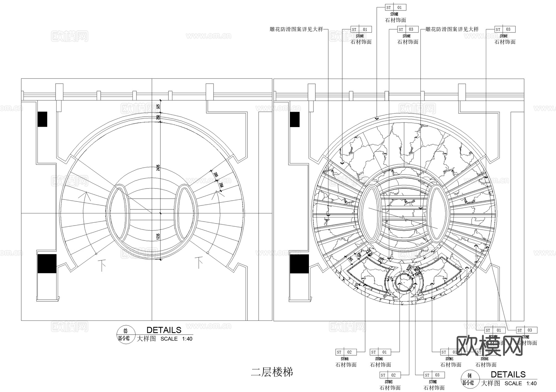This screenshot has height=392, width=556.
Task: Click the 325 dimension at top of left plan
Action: pyautogui.click(x=158, y=107)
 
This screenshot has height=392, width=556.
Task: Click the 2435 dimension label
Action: pyautogui.click(x=158, y=168)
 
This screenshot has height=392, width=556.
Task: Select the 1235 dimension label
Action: pyautogui.click(x=158, y=237)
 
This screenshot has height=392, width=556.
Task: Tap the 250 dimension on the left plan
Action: pyautogui.click(x=158, y=118)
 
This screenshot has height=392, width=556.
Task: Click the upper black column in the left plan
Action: pyautogui.click(x=42, y=119)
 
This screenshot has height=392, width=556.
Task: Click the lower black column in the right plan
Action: pyautogui.click(x=299, y=264)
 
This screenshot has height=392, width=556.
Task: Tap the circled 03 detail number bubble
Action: pyautogui.click(x=125, y=332)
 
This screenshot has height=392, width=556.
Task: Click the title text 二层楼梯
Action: pyautogui.click(x=272, y=372)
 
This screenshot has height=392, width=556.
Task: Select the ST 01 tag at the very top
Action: pyautogui.click(x=396, y=7)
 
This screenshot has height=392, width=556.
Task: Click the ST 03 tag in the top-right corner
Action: pyautogui.click(x=505, y=29)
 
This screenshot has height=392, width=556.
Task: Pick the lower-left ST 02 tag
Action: pyautogui.click(x=346, y=352)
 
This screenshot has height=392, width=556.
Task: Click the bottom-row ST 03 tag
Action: pyautogui.click(x=434, y=375)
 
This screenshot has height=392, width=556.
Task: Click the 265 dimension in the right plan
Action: pyautogui.click(x=351, y=260)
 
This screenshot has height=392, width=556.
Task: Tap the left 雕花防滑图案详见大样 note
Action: pyautogui.click(x=296, y=29)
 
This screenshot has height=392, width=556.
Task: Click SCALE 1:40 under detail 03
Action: pyautogui.click(x=176, y=339)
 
